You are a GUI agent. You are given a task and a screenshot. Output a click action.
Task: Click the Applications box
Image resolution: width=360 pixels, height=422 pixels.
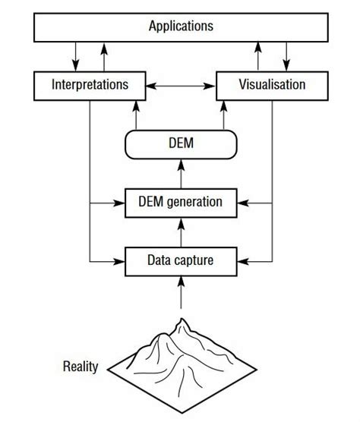(181, 27)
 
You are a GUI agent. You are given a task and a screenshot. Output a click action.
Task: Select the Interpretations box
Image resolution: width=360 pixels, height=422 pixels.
(90, 85)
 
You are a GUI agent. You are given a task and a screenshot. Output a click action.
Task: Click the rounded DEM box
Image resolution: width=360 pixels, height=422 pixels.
(181, 143)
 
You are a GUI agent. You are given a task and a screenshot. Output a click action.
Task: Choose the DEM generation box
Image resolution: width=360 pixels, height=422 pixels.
(181, 203)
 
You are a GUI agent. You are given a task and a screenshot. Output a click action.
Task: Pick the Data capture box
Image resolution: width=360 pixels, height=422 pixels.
(181, 261)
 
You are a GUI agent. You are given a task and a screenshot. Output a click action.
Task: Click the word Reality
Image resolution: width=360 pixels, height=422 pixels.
(81, 367)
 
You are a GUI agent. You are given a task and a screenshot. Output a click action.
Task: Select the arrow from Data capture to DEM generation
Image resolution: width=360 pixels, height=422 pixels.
(181, 231)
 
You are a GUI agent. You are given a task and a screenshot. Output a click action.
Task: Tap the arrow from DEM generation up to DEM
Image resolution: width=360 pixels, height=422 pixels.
(181, 173)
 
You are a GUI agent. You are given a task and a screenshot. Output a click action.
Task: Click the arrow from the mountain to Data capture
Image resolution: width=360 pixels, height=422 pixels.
(181, 292)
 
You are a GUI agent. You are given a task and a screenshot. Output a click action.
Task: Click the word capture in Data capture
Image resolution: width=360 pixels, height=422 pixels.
(194, 261)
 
